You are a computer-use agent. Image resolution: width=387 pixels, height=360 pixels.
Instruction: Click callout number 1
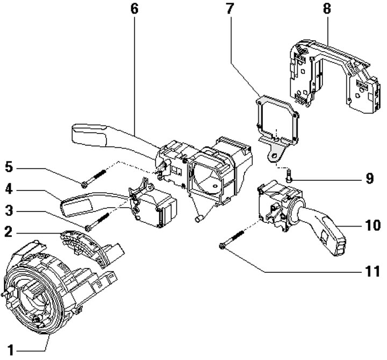(10, 350)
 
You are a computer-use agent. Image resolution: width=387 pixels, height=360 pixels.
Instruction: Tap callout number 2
(9, 232)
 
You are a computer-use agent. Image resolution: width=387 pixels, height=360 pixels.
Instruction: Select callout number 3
(9, 211)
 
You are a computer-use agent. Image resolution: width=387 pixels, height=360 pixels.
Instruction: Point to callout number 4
(9, 189)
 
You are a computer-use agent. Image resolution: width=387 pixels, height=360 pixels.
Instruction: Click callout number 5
(9, 167)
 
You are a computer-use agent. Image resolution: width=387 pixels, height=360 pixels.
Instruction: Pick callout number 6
(134, 9)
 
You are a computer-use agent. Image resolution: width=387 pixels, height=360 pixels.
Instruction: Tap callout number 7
(230, 9)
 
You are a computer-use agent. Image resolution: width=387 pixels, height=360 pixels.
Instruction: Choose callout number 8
(327, 9)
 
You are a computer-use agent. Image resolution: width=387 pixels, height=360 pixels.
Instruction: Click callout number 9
(369, 178)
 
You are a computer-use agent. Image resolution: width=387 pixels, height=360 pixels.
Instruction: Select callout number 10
(372, 225)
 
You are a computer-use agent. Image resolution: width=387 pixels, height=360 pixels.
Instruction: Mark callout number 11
(372, 271)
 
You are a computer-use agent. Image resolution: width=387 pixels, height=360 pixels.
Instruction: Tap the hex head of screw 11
(221, 246)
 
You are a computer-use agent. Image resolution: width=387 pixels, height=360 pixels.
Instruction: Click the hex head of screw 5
(84, 185)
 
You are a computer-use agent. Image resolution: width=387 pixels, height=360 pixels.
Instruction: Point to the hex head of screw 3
(88, 228)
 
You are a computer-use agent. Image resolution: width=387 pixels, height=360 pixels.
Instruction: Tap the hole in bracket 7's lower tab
(274, 156)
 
